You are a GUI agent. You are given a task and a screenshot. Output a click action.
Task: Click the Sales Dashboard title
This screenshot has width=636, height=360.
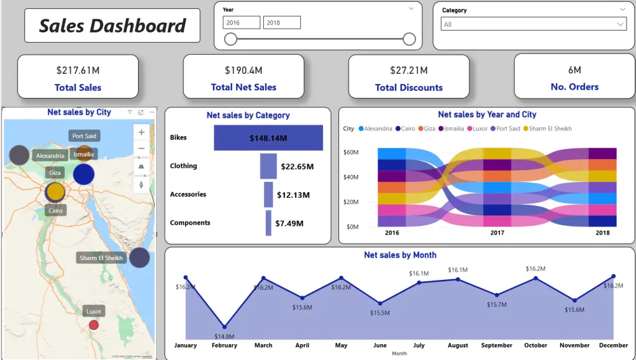112,25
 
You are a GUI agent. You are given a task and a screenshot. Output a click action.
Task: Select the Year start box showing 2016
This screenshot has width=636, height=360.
241,23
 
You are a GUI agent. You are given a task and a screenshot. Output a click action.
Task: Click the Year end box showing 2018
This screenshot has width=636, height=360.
282,23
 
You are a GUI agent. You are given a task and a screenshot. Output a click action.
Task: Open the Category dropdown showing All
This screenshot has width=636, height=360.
534,24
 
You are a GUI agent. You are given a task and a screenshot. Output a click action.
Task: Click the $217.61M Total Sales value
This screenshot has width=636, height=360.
78,70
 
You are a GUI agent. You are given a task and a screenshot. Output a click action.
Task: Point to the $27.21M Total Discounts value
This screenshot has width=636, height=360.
409,70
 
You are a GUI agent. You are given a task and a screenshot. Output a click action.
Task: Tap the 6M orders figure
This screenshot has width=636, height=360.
574,70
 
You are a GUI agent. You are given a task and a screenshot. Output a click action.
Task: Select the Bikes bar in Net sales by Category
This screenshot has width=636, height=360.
268,138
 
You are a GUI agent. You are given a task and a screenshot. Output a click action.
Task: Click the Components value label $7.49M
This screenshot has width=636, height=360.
289,223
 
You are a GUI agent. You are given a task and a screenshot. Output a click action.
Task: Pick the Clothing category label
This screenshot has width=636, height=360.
183,166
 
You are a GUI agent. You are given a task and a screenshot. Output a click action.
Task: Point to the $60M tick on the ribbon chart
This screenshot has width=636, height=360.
352,153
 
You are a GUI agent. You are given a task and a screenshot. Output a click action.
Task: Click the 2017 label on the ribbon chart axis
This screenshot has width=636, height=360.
497,233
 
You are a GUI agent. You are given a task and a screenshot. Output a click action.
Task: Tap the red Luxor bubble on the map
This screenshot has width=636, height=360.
93,325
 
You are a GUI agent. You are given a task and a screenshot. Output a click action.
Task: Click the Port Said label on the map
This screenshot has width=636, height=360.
85,136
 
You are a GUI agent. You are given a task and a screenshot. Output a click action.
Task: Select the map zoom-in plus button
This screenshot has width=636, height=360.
141,132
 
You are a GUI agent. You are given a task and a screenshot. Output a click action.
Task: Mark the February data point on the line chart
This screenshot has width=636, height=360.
225,326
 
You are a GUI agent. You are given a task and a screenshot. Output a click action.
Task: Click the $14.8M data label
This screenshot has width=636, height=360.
225,336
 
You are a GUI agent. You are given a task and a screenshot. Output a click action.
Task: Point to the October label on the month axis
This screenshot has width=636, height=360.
536,345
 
